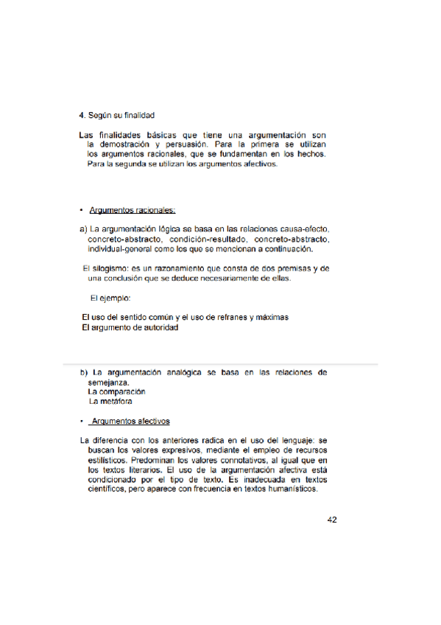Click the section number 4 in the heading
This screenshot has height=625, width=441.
point(81,116)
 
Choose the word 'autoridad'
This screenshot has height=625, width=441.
point(158,327)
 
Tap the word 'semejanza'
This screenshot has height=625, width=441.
point(108,383)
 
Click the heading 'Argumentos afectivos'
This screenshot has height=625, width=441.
point(130,422)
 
